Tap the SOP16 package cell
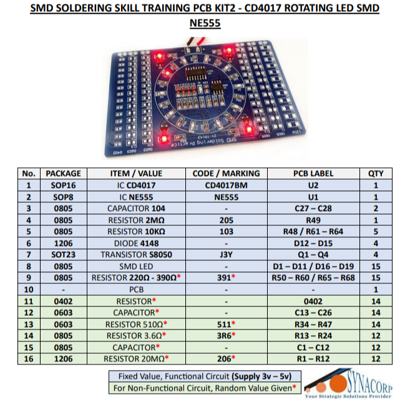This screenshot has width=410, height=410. (x=64, y=185)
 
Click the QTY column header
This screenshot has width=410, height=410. (x=376, y=173)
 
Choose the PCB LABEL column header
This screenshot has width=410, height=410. (x=313, y=173)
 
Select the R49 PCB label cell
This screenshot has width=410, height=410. (x=313, y=220)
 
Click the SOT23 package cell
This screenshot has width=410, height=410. (x=64, y=255)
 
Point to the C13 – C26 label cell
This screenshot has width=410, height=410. (x=313, y=313)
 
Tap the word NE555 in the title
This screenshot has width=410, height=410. (x=205, y=24)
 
